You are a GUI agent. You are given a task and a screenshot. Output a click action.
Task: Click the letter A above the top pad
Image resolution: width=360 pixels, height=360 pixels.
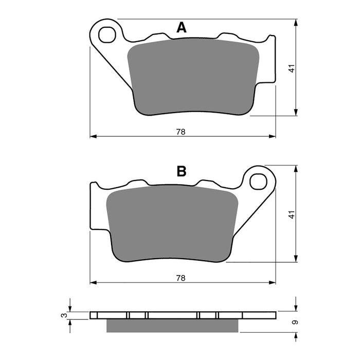tap(181, 28)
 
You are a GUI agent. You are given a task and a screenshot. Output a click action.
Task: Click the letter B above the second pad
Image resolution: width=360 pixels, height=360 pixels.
tap(181, 171)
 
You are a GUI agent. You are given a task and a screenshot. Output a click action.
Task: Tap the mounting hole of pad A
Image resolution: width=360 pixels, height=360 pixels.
tap(107, 34)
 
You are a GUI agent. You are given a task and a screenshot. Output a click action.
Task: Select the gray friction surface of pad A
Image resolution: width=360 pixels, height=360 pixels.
tap(193, 77)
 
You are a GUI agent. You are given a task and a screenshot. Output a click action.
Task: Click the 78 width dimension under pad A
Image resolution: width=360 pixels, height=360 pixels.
tap(181, 132)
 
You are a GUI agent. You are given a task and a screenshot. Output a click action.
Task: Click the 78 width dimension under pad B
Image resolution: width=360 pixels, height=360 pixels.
tap(181, 278)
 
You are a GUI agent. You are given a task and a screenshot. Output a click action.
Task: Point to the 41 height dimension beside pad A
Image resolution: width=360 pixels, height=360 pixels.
tap(292, 68)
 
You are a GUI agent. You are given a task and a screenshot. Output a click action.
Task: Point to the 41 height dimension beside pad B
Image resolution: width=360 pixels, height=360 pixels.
tap(292, 215)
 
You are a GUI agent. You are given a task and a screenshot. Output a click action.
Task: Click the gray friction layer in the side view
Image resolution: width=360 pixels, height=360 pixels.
tap(172, 326)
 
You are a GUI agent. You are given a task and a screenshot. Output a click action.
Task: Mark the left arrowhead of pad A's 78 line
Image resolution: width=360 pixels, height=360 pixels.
tap(93, 137)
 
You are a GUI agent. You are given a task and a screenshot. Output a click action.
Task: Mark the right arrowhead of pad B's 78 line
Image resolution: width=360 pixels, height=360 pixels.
tap(272, 282)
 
